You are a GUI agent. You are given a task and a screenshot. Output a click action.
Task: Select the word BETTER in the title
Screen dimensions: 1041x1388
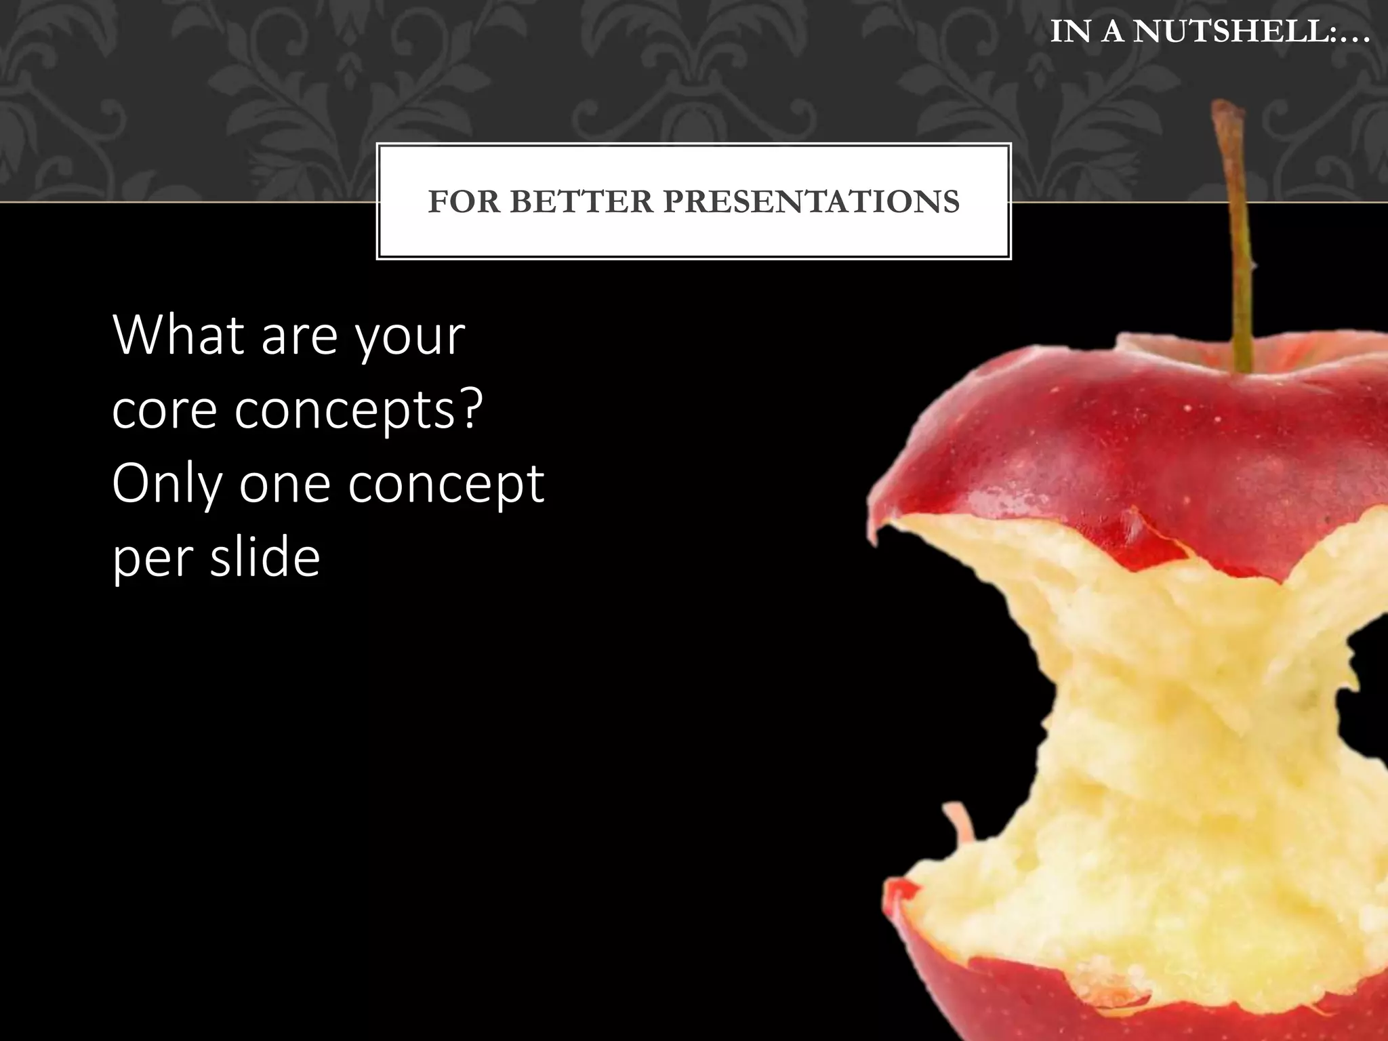click(x=581, y=202)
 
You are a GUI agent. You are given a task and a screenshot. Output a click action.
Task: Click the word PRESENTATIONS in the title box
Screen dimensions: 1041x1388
click(x=811, y=202)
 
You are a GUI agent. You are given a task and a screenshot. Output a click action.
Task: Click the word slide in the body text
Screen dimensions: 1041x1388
click(x=264, y=556)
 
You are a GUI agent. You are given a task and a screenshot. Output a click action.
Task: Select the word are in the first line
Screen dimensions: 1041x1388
click(x=299, y=337)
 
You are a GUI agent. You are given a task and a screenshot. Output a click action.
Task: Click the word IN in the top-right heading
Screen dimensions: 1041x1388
click(x=1070, y=31)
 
